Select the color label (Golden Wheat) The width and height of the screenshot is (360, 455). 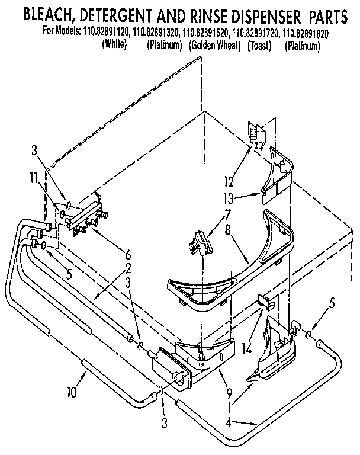point(215,45)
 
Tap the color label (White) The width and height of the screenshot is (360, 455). point(115,45)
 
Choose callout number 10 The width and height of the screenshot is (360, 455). point(73,390)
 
